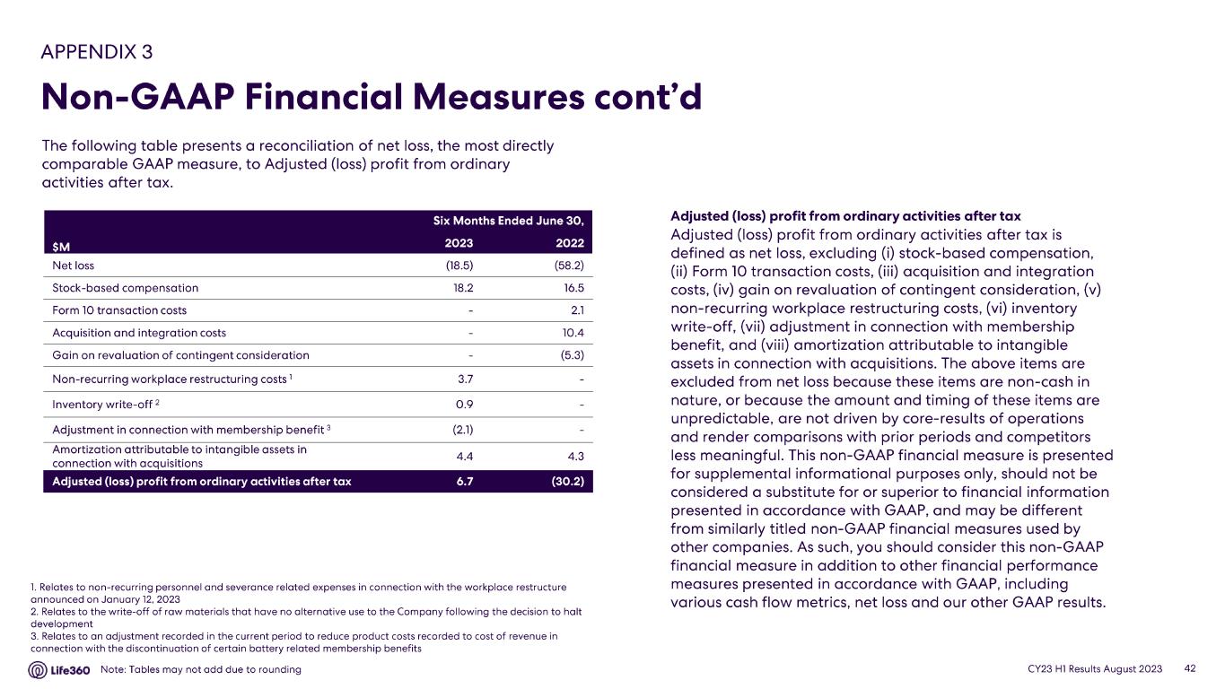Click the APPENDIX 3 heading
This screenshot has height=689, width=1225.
97,51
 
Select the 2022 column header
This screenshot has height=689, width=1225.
570,243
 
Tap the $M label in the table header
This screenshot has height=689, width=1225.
61,244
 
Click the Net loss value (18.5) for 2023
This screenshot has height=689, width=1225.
459,266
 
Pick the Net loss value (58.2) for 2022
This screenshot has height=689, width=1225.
569,266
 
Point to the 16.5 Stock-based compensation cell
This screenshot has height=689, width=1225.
573,288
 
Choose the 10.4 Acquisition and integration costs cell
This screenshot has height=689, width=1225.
573,333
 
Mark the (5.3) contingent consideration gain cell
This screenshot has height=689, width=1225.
572,355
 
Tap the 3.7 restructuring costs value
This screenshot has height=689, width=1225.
466,379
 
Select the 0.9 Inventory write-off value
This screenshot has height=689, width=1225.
466,403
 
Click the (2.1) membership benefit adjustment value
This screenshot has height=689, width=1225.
462,428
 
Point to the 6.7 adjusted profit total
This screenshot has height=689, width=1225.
464,481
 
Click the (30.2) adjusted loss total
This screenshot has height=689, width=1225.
568,481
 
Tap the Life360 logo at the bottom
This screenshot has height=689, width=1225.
59,670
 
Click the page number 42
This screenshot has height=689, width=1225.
1191,669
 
